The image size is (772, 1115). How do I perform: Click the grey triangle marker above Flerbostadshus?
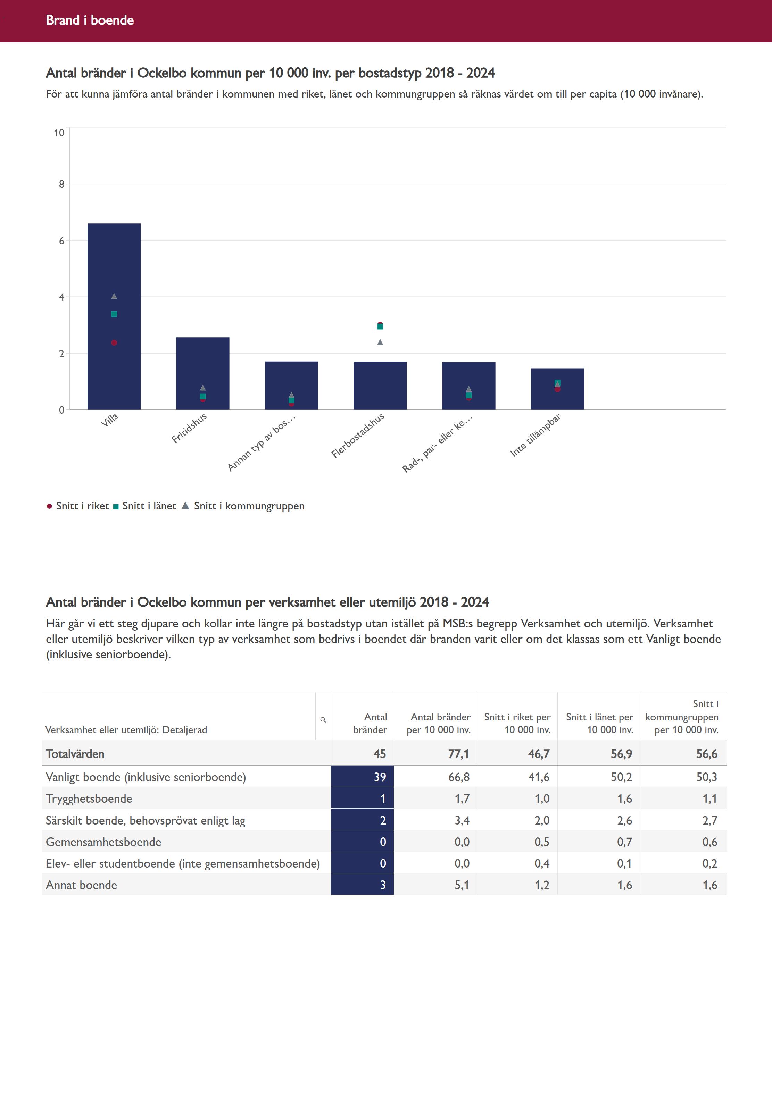click(x=380, y=342)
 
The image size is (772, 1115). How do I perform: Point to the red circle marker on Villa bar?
click(x=114, y=343)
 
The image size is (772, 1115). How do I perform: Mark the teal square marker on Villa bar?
click(x=114, y=314)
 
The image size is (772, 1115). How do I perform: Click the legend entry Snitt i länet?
click(x=145, y=506)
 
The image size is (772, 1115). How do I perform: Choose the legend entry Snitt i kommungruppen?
click(x=244, y=506)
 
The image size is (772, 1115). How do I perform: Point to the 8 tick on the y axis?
click(x=61, y=184)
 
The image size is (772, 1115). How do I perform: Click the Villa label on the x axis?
click(x=109, y=420)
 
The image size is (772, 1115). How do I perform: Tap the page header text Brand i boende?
click(x=90, y=20)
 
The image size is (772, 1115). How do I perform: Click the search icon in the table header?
click(x=323, y=720)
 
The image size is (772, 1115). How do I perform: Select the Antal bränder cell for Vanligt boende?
click(x=362, y=777)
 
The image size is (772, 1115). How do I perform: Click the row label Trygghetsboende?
click(x=89, y=799)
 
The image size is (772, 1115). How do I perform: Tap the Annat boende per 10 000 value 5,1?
click(x=462, y=885)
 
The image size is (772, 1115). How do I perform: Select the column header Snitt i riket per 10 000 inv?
click(x=517, y=723)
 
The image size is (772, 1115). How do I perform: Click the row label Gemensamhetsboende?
click(x=103, y=842)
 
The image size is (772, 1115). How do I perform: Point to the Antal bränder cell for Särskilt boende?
click(x=362, y=820)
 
